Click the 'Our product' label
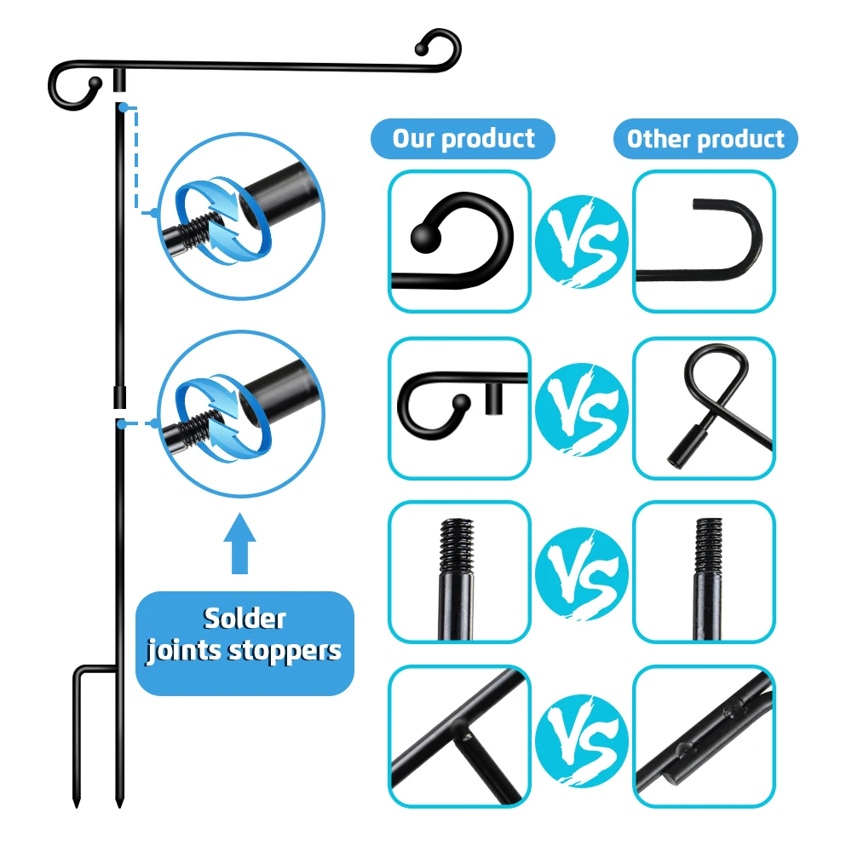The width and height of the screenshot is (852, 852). [463, 139]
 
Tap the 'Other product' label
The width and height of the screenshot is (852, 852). [705, 139]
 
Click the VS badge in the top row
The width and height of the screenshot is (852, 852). [582, 242]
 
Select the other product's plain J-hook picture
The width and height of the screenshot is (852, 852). [704, 242]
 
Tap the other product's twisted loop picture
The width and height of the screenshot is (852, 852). [704, 408]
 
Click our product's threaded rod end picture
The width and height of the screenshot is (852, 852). [459, 571]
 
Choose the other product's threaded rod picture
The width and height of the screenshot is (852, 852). [704, 571]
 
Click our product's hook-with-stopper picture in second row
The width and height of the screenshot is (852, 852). [459, 408]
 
